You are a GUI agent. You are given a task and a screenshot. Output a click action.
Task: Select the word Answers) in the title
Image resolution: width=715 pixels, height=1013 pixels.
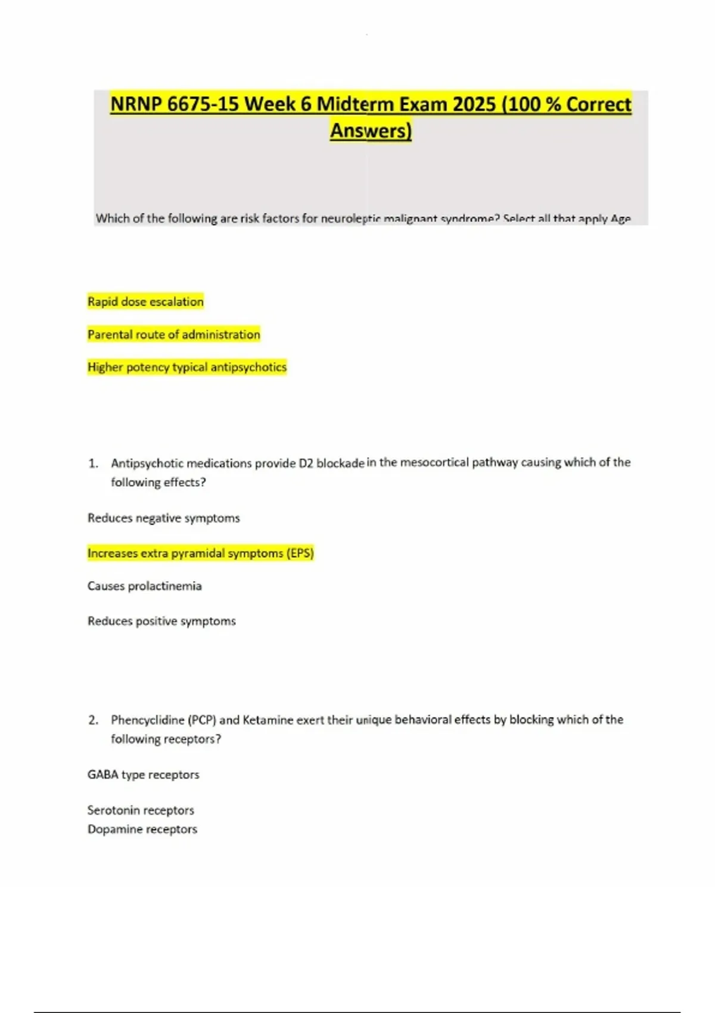(x=371, y=130)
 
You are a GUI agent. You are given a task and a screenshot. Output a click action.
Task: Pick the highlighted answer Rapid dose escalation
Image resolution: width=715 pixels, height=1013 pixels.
(x=145, y=302)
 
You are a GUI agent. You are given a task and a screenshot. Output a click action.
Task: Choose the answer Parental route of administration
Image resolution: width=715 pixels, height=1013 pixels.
(x=173, y=335)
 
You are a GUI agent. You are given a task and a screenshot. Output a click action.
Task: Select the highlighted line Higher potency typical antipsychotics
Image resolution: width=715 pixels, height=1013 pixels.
(x=186, y=367)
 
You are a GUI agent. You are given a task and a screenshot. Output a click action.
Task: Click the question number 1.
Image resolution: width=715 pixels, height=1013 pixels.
(x=92, y=463)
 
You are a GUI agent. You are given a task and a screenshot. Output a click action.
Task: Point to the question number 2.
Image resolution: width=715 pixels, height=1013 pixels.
(x=92, y=720)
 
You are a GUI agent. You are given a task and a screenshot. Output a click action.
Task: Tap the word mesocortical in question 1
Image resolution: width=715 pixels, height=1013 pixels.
(x=434, y=462)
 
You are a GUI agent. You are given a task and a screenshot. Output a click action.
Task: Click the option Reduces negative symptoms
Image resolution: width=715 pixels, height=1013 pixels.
(x=163, y=518)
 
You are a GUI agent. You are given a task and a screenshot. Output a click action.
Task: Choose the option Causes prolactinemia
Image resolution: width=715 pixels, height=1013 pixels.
(x=144, y=586)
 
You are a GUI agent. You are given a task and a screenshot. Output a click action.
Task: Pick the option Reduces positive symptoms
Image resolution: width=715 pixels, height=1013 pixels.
(x=161, y=622)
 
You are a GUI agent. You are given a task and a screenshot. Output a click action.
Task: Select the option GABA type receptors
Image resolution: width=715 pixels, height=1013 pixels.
(x=143, y=775)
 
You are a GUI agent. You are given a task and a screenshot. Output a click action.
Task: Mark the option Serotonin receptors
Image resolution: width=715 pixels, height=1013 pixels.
(x=141, y=810)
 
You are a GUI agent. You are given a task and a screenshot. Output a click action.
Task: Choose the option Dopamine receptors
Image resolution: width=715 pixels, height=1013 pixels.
(x=142, y=829)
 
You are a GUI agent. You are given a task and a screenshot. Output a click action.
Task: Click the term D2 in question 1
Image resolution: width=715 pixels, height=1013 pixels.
(x=306, y=463)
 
